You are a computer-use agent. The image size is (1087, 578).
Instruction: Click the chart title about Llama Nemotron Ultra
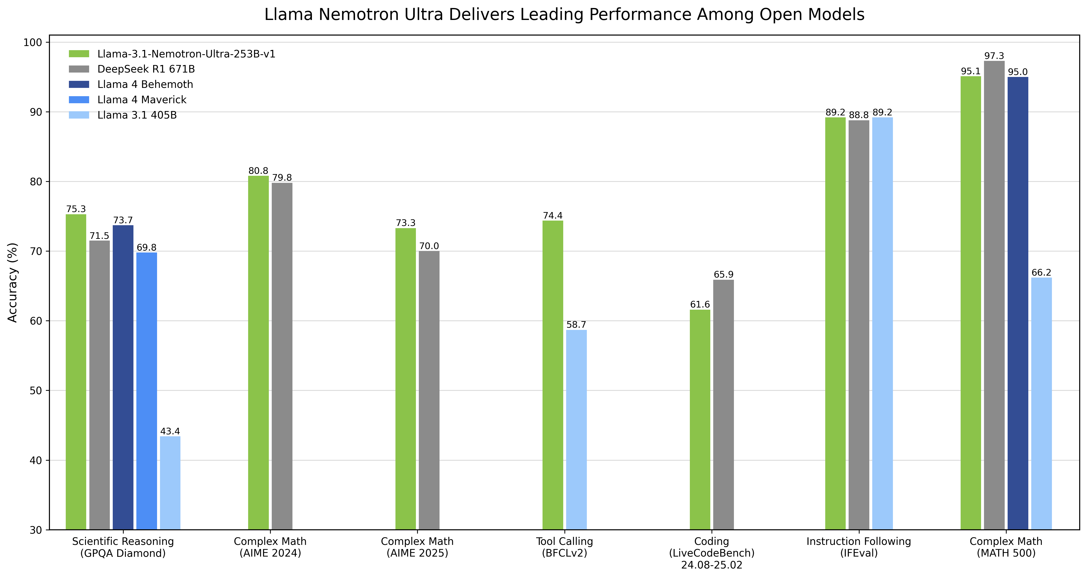564,15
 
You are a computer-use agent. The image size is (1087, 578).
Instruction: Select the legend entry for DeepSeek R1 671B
146,69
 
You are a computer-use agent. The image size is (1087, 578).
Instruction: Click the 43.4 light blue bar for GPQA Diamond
170,483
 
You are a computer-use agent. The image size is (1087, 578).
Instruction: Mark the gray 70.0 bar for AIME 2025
429,390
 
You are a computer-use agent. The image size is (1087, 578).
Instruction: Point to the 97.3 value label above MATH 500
994,56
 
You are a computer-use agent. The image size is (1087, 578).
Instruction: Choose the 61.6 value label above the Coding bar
700,305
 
